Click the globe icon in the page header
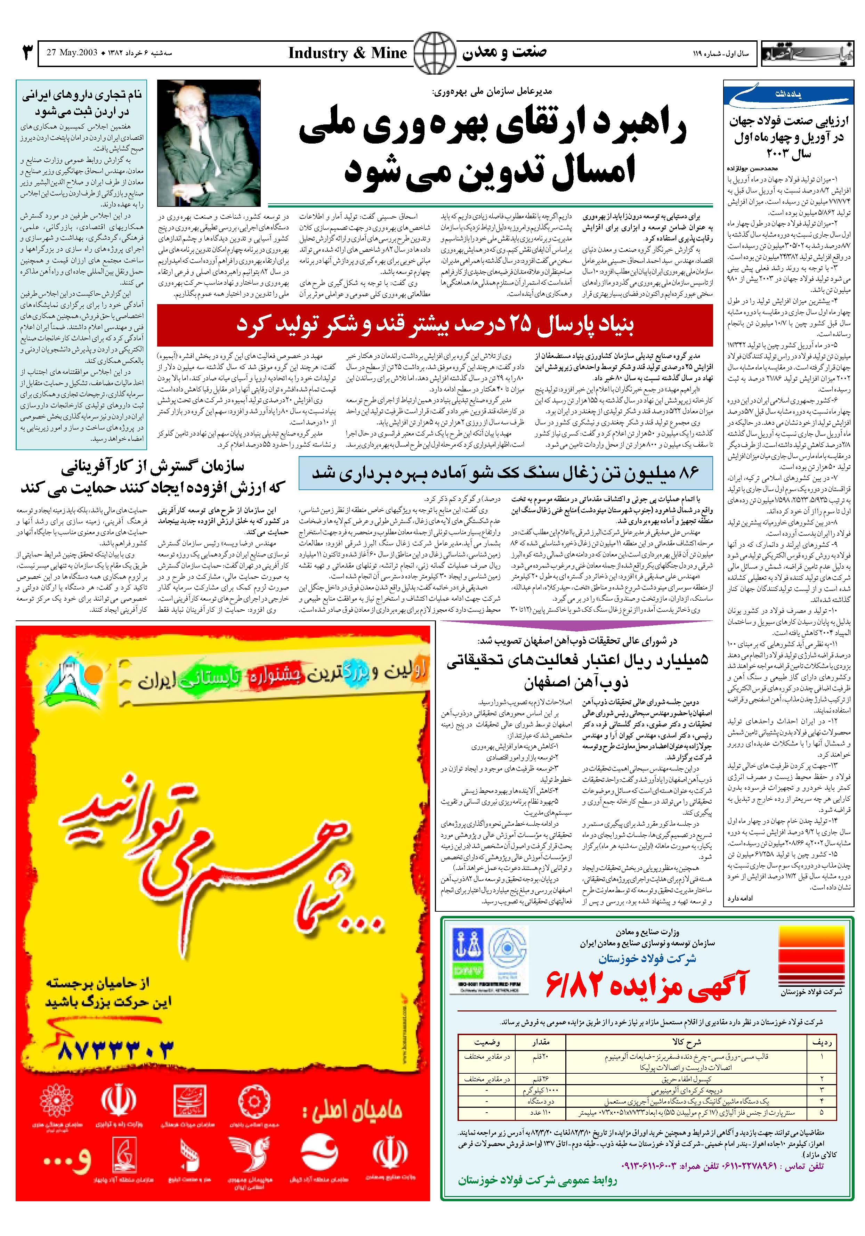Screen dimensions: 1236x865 click(434, 53)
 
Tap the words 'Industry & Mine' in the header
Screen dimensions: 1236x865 click(347, 53)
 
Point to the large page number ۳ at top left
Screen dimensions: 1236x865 click(27, 53)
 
